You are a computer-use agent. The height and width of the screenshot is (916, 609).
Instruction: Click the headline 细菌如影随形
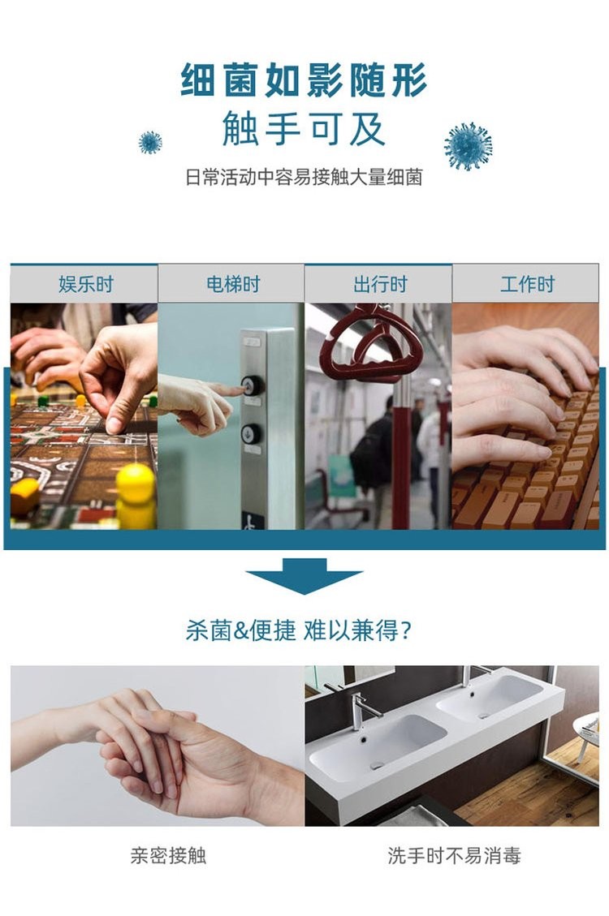pos(304,80)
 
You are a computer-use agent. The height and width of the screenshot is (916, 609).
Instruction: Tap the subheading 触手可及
pos(304,130)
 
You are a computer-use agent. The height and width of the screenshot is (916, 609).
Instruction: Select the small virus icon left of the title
pos(150,143)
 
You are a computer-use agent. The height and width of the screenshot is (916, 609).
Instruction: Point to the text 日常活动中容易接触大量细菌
pos(304,178)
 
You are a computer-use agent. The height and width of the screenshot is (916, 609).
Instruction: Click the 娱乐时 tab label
pos(84,284)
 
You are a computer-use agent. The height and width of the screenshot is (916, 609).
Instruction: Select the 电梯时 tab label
pos(231,284)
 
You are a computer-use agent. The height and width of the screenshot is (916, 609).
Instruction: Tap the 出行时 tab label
pos(378,284)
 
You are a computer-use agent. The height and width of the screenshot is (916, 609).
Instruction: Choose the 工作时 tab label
pos(526,284)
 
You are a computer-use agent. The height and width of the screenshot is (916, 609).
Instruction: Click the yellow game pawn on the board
pos(135,491)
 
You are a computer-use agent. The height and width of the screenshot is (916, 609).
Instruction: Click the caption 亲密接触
pos(168,855)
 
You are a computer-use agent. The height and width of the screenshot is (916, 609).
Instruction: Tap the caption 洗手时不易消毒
pos(454,855)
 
